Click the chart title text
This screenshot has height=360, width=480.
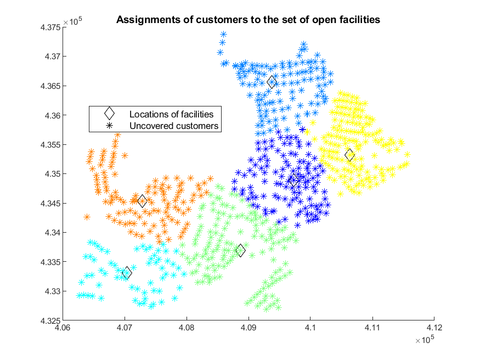pyautogui.click(x=248, y=20)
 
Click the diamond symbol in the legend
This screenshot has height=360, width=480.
pyautogui.click(x=109, y=113)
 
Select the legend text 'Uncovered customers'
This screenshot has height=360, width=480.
pyautogui.click(x=174, y=126)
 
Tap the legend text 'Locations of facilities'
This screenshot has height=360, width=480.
pyautogui.click(x=171, y=114)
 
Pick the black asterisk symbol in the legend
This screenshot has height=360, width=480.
pyautogui.click(x=109, y=126)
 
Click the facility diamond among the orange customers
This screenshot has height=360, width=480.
pyautogui.click(x=142, y=201)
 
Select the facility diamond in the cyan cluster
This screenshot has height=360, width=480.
pyautogui.click(x=127, y=272)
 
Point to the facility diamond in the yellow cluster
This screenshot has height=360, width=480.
pyautogui.click(x=349, y=155)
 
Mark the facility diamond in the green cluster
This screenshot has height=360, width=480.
pyautogui.click(x=241, y=250)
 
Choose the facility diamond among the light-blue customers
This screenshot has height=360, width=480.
pyautogui.click(x=272, y=82)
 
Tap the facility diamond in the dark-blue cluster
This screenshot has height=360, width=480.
pyautogui.click(x=294, y=181)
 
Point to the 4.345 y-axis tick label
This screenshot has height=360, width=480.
pyautogui.click(x=50, y=204)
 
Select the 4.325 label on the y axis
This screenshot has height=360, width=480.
pyautogui.click(x=50, y=321)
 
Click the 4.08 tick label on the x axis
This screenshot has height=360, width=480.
pyautogui.click(x=187, y=328)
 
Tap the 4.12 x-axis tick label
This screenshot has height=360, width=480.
pyautogui.click(x=434, y=328)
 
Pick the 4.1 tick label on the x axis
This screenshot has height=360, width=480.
pyautogui.click(x=310, y=328)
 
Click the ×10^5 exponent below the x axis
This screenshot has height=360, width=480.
pyautogui.click(x=425, y=339)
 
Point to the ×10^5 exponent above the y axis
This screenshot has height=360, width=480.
pyautogui.click(x=72, y=21)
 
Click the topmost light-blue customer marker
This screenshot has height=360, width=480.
pyautogui.click(x=224, y=34)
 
